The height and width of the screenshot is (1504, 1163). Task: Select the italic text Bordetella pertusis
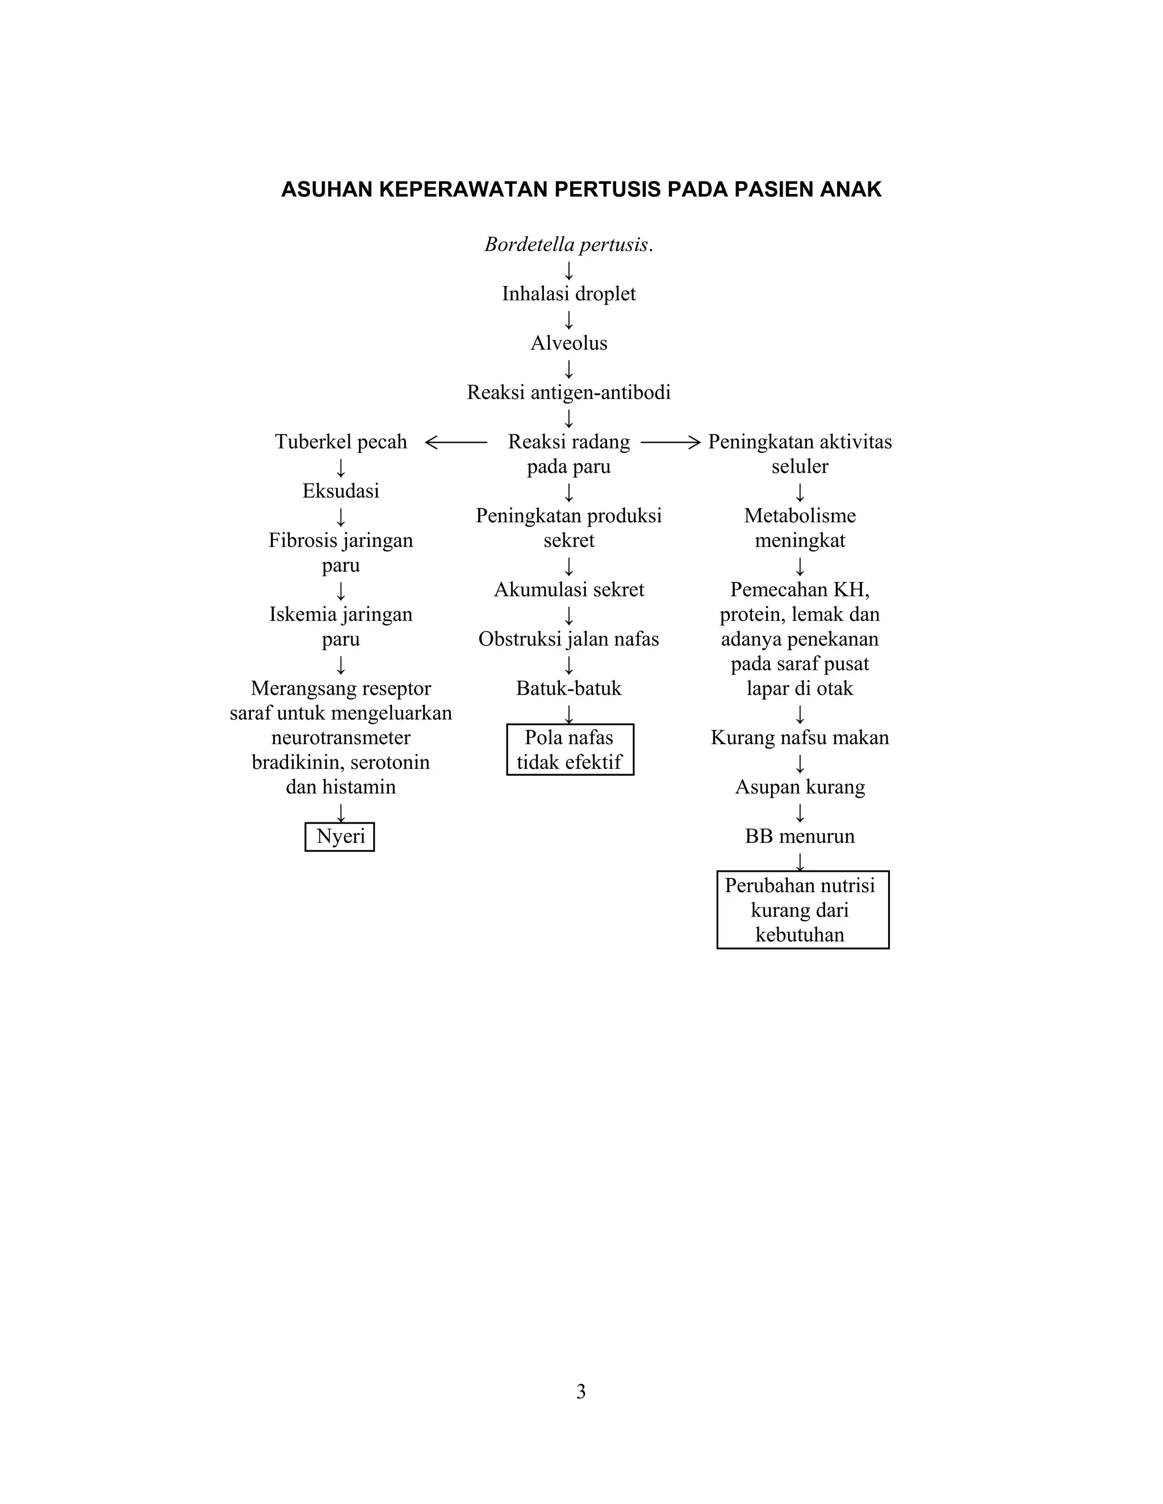(x=568, y=245)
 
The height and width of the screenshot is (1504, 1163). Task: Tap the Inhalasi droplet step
(x=568, y=294)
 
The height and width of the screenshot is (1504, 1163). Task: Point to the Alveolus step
(x=568, y=343)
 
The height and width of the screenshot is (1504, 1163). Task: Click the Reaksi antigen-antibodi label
(x=568, y=393)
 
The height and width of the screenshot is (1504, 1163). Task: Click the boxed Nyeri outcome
(x=340, y=837)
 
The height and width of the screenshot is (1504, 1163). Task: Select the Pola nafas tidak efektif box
(x=570, y=750)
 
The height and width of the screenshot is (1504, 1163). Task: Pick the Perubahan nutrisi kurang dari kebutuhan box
(x=802, y=910)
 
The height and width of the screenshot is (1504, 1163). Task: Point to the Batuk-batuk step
(x=568, y=688)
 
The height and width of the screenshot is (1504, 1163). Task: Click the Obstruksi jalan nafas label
(x=568, y=639)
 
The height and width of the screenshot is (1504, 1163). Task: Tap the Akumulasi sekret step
(x=568, y=590)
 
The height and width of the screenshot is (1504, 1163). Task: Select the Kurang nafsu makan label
(x=799, y=738)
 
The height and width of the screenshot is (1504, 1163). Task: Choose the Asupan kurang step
(x=799, y=787)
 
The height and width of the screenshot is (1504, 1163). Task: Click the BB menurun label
(x=799, y=837)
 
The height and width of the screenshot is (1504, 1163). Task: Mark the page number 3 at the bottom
(x=581, y=1392)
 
